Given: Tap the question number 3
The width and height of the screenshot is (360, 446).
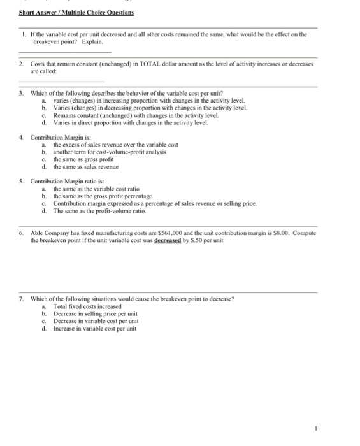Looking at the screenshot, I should point(22,93).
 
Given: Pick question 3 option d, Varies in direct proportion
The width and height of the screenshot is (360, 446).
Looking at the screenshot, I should point(121,121).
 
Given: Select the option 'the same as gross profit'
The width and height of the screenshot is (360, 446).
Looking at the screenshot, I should point(83,159).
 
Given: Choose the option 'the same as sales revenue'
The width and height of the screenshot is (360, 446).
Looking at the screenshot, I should point(86,166).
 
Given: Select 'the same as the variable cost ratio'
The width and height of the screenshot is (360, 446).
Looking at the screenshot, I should point(99,189).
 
